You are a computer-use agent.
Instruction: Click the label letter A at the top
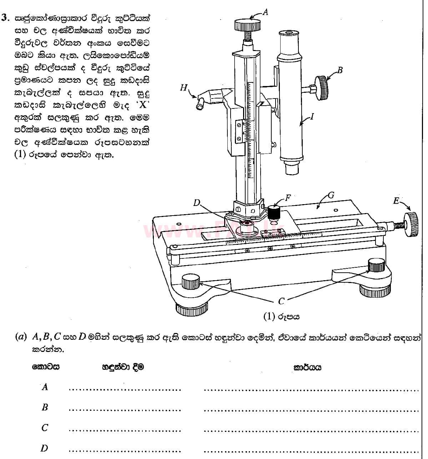pyautogui.click(x=265, y=12)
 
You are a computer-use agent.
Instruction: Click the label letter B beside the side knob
pyautogui.click(x=340, y=70)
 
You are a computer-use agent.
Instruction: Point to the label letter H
pyautogui.click(x=183, y=87)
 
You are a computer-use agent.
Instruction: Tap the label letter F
pyautogui.click(x=288, y=197)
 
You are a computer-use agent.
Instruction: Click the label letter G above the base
pyautogui.click(x=331, y=195)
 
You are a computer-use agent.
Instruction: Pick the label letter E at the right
pyautogui.click(x=396, y=201)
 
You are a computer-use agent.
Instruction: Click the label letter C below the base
pyautogui.click(x=281, y=301)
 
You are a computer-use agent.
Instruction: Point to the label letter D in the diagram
pyautogui.click(x=197, y=203)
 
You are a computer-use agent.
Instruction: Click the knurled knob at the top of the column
pyautogui.click(x=247, y=25)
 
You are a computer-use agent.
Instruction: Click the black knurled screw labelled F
pyautogui.click(x=273, y=213)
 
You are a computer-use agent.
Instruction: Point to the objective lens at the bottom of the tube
pyautogui.click(x=292, y=168)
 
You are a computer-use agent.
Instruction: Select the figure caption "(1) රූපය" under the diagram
pyautogui.click(x=281, y=316)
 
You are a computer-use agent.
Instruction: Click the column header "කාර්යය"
pyautogui.click(x=307, y=367)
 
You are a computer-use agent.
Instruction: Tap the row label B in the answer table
pyautogui.click(x=45, y=407)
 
